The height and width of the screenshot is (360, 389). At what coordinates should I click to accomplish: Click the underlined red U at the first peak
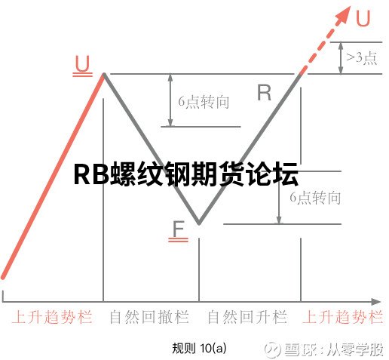click(x=82, y=66)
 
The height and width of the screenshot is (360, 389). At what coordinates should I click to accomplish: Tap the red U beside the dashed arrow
click(x=363, y=18)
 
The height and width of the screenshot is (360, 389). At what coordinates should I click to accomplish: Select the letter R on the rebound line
click(x=264, y=93)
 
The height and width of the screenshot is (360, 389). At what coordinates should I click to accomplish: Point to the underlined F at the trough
click(x=179, y=231)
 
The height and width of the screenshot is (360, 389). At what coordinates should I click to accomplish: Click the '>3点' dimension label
click(x=362, y=58)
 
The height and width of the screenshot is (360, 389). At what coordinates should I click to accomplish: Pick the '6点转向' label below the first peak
click(x=204, y=102)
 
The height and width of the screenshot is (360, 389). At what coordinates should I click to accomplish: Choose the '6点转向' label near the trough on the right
click(x=315, y=198)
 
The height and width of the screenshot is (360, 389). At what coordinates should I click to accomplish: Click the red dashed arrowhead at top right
click(x=344, y=14)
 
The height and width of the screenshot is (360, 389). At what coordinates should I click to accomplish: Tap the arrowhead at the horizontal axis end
click(x=376, y=301)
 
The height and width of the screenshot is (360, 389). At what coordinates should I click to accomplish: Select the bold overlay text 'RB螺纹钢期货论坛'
click(x=186, y=174)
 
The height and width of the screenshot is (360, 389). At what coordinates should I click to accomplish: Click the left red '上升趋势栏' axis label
click(x=52, y=317)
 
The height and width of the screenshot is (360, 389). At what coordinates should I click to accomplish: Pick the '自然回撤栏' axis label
click(x=149, y=317)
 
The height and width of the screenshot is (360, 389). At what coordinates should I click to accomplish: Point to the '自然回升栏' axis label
click(x=247, y=317)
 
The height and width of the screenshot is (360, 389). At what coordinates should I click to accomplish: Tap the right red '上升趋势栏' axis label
click(x=343, y=317)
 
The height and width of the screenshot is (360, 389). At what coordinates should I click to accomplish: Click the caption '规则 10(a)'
click(x=199, y=348)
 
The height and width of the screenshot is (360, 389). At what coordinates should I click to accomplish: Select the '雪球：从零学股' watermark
click(x=324, y=349)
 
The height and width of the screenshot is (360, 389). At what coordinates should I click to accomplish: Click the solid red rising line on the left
click(x=53, y=176)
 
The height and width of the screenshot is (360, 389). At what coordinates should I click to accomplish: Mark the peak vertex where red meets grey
click(x=103, y=74)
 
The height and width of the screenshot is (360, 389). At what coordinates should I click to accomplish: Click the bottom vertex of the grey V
click(x=199, y=223)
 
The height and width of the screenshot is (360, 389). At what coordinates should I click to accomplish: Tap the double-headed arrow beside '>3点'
click(x=341, y=58)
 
